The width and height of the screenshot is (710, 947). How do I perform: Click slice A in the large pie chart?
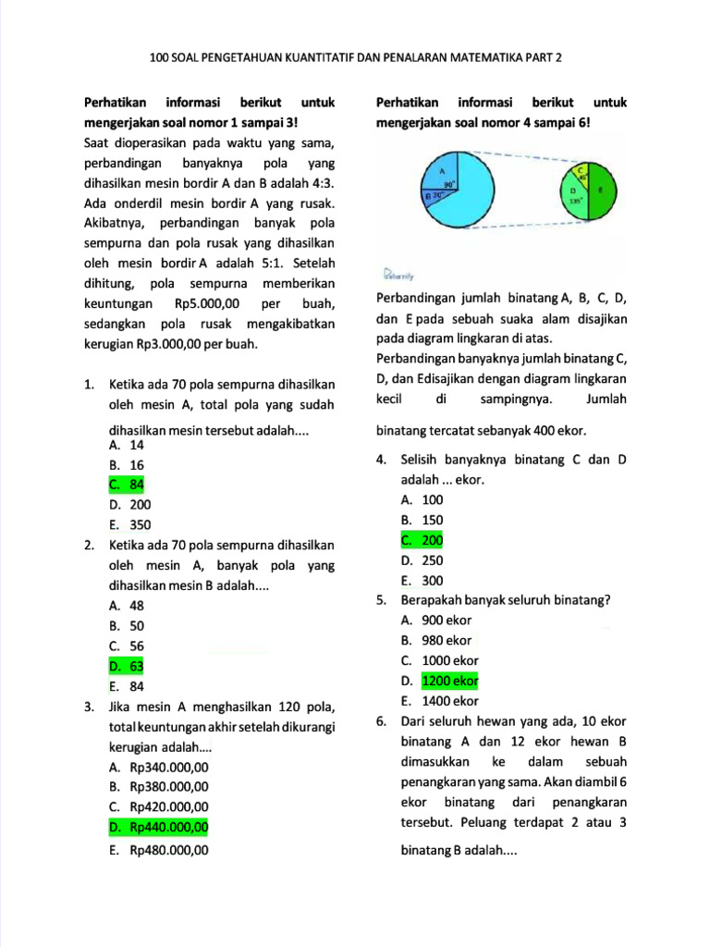tap(462, 208)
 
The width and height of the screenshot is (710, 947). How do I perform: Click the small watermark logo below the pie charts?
tap(399, 275)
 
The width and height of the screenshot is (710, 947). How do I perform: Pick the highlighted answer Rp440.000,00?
tap(159, 827)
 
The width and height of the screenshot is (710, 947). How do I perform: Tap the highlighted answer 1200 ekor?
tap(450, 682)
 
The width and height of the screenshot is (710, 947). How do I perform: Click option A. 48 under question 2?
tap(126, 606)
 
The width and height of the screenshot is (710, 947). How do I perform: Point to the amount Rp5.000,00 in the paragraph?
tap(206, 303)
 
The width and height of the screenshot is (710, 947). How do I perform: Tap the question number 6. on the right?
tap(381, 721)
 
